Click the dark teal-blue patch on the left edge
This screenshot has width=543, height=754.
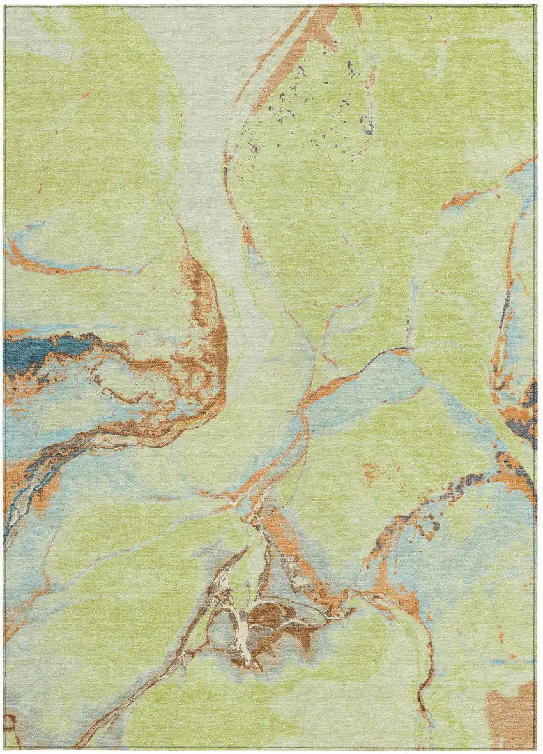29,351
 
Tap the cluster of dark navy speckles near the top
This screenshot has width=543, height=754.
319,109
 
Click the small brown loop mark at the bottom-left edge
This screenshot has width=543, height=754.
9,723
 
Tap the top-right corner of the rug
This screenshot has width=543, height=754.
535,6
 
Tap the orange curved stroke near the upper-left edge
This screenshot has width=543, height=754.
38,262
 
